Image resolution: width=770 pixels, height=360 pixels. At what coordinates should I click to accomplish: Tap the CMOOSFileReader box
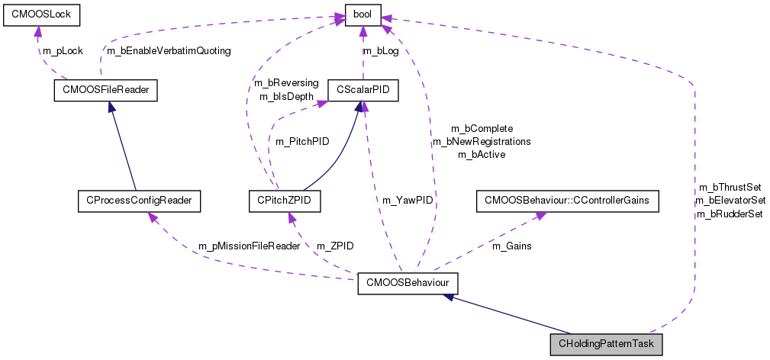pyautogui.click(x=105, y=91)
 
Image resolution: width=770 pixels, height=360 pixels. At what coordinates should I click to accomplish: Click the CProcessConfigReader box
pyautogui.click(x=139, y=201)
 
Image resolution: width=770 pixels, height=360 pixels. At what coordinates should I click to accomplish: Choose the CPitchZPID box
pyautogui.click(x=284, y=201)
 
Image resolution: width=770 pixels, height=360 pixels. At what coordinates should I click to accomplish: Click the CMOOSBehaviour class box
pyautogui.click(x=408, y=284)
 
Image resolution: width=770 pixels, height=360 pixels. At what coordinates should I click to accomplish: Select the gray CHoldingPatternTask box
pyautogui.click(x=607, y=345)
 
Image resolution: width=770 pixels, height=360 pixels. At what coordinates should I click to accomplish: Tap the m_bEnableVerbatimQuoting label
pyautogui.click(x=169, y=50)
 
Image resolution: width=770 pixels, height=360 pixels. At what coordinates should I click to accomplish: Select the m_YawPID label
pyautogui.click(x=404, y=201)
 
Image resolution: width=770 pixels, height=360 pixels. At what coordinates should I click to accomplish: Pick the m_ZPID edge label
pyautogui.click(x=336, y=246)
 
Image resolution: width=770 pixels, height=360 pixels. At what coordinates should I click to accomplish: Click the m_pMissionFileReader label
pyautogui.click(x=250, y=246)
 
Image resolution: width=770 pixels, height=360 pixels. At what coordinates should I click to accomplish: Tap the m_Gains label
pyautogui.click(x=511, y=246)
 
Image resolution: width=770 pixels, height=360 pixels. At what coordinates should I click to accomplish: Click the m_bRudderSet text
pyautogui.click(x=730, y=214)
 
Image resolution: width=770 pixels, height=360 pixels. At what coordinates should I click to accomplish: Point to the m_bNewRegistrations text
pyautogui.click(x=482, y=141)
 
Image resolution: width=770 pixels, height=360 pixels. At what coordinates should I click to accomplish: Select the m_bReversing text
pyautogui.click(x=283, y=82)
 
